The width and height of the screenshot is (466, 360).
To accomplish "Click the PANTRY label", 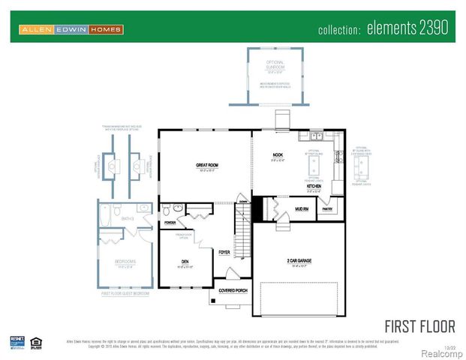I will pyautogui.click(x=327, y=210).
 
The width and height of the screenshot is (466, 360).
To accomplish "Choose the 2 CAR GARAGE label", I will pyautogui.click(x=299, y=260).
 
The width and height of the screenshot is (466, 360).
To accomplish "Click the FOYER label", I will pyautogui.click(x=224, y=253).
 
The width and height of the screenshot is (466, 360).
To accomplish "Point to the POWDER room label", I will pyautogui.click(x=170, y=223).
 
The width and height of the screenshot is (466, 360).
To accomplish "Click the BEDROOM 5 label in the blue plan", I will pyautogui.click(x=124, y=262).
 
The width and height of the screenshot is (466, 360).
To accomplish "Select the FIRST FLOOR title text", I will pyautogui.click(x=419, y=326).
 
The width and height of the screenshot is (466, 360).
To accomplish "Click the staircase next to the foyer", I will pyautogui.click(x=242, y=232).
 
